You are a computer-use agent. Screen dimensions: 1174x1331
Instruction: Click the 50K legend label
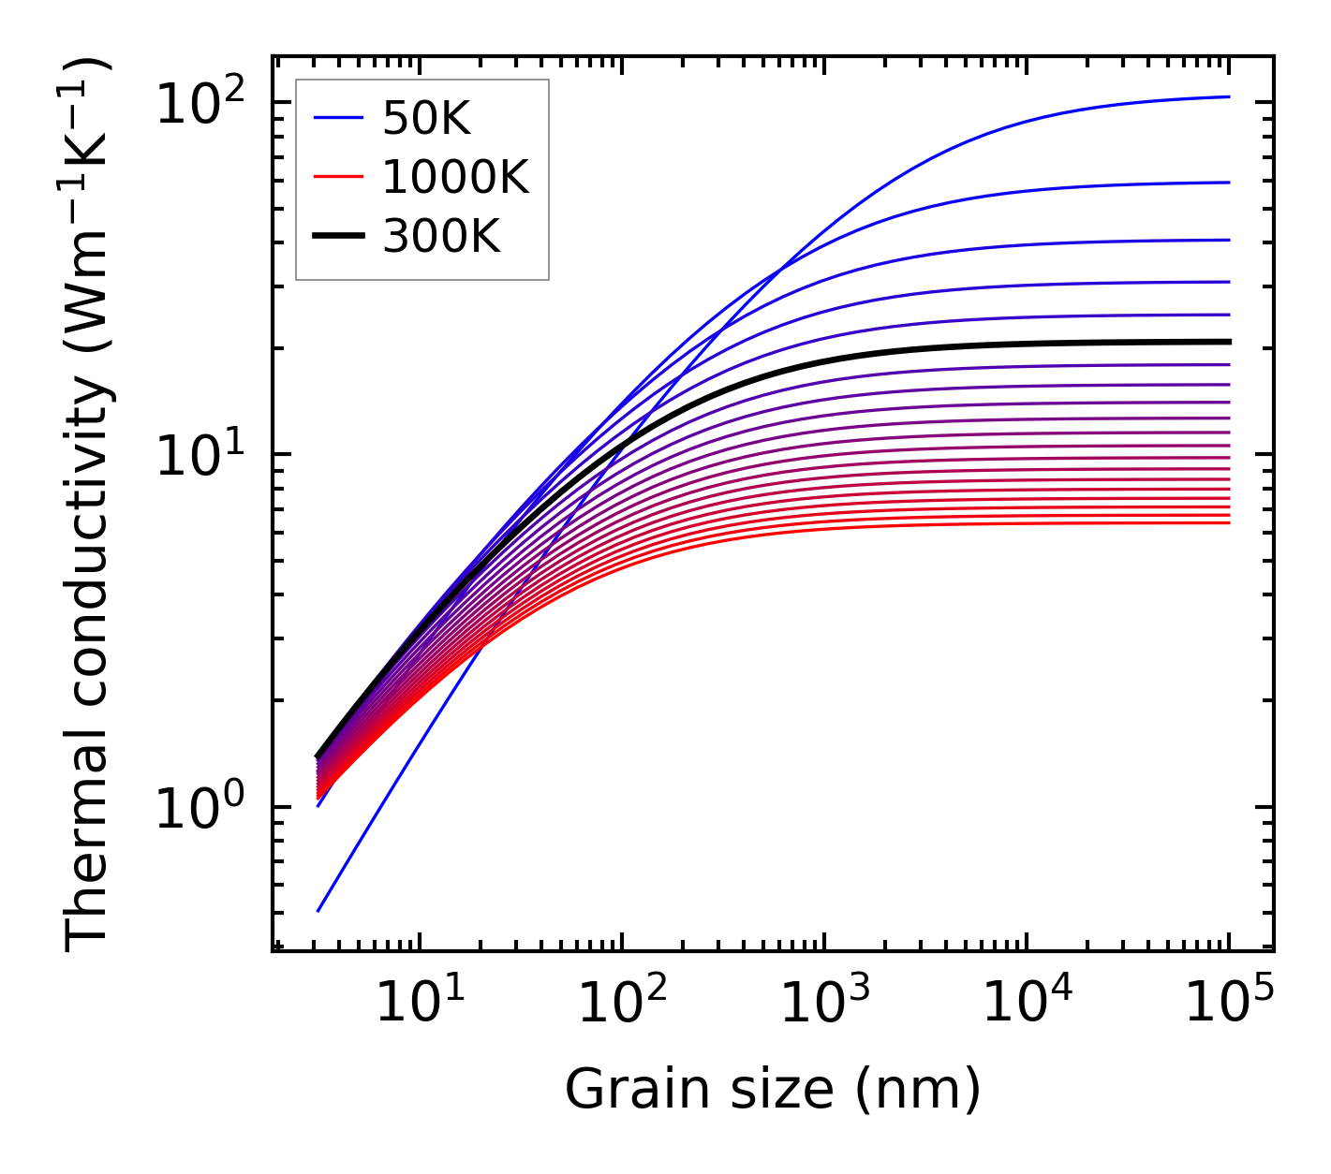click(x=426, y=118)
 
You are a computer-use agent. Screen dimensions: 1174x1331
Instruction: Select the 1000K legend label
click(x=455, y=178)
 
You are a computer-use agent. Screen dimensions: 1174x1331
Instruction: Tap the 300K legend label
click(x=441, y=238)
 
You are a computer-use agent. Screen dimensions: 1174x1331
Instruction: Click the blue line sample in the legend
click(x=337, y=118)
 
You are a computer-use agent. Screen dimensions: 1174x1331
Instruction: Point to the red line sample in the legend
click(x=337, y=178)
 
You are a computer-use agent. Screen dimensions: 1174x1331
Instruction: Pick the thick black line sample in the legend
click(x=337, y=238)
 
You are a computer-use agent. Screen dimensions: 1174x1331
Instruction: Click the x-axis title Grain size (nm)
click(x=773, y=1090)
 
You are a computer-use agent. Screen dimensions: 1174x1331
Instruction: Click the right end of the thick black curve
click(x=1229, y=342)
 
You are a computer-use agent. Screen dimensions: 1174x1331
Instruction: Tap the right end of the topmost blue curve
click(x=1229, y=96)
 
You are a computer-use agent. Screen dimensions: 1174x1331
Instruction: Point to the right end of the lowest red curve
click(x=1229, y=522)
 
